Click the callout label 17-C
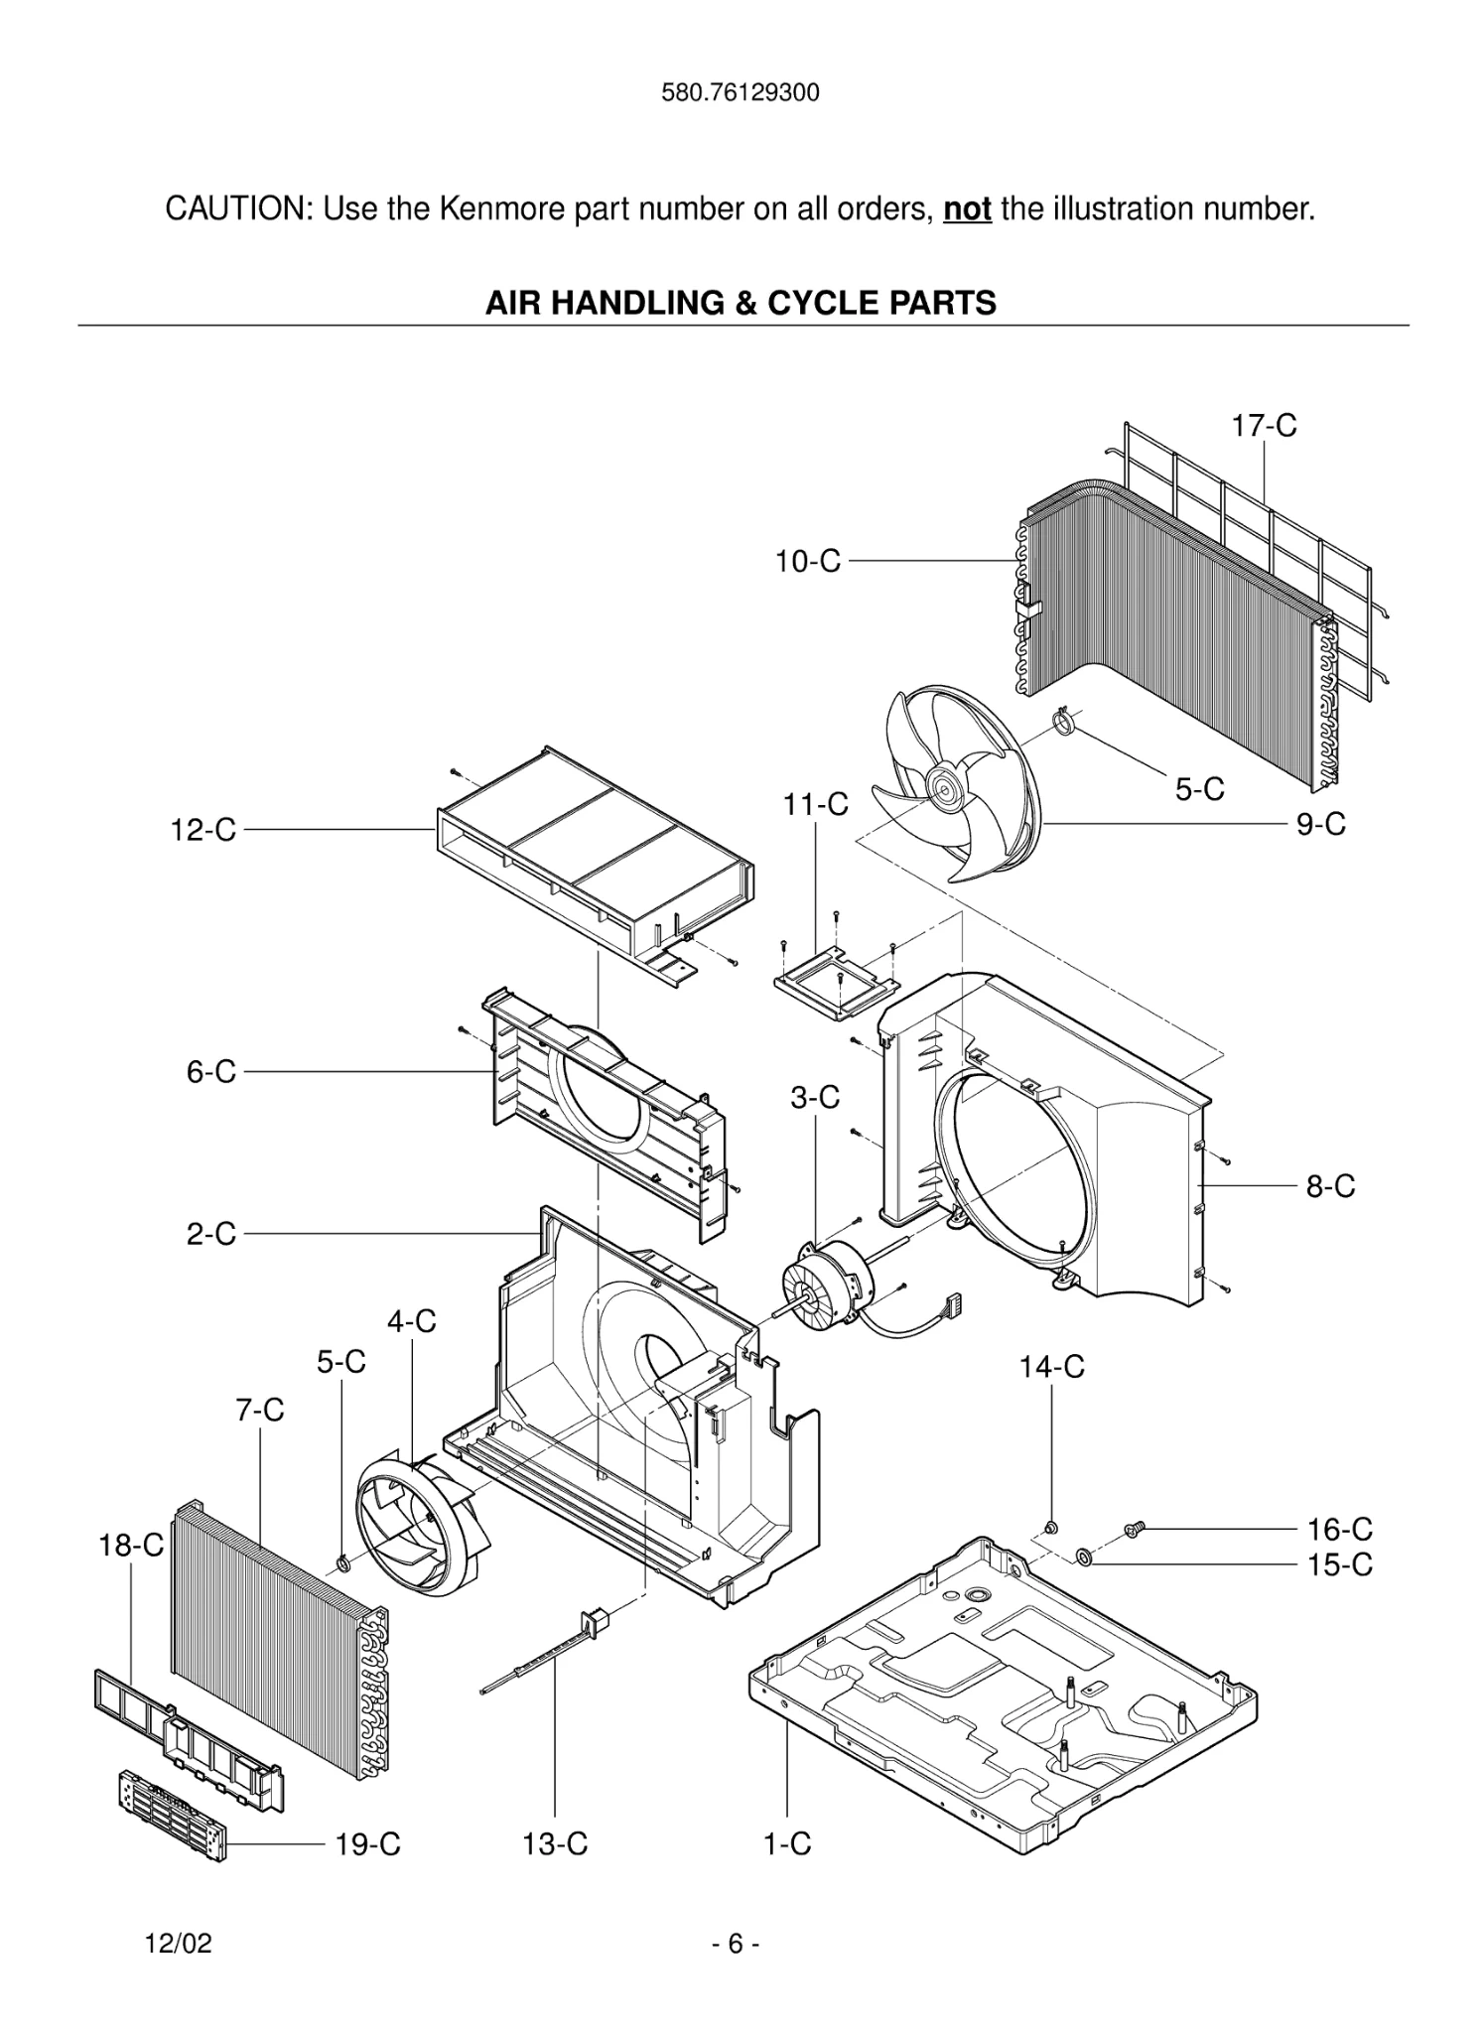click(1264, 426)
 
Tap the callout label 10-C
click(807, 562)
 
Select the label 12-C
click(202, 830)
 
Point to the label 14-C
click(1051, 1368)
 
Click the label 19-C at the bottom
click(367, 1844)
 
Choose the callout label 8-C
click(1329, 1186)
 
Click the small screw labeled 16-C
click(1134, 1531)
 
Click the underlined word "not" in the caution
click(967, 209)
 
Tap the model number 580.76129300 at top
click(741, 93)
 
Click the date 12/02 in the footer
click(179, 1944)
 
